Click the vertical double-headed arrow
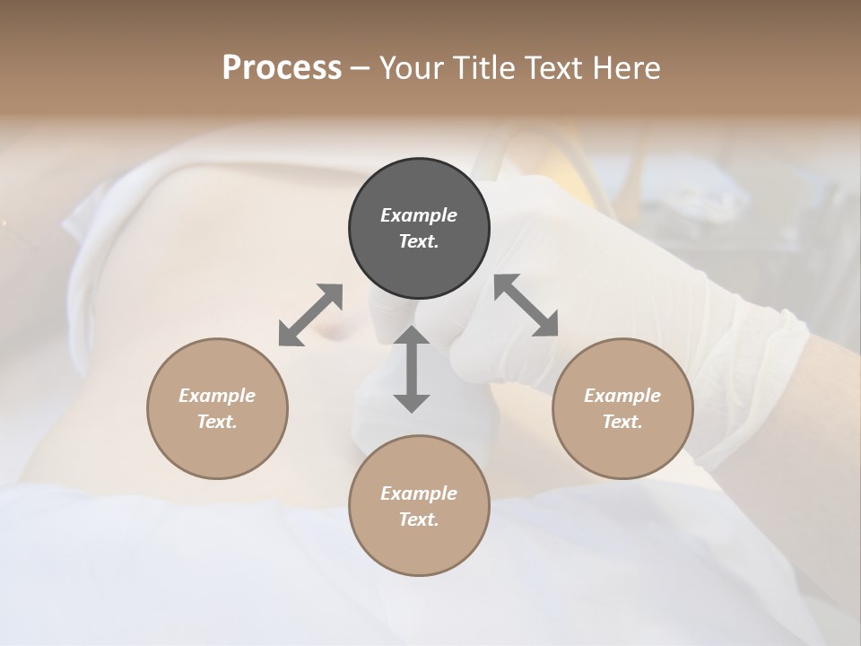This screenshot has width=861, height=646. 412,369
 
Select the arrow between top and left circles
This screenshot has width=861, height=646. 310,315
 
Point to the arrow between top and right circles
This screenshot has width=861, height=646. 526,305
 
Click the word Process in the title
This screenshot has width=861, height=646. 282,68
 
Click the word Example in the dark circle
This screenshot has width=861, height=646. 419,215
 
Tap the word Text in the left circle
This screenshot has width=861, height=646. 217,422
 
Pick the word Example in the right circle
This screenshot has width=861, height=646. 622,396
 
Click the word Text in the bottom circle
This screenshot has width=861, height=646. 419,519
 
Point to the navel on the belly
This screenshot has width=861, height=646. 335,333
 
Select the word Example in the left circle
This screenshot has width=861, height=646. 217,396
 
